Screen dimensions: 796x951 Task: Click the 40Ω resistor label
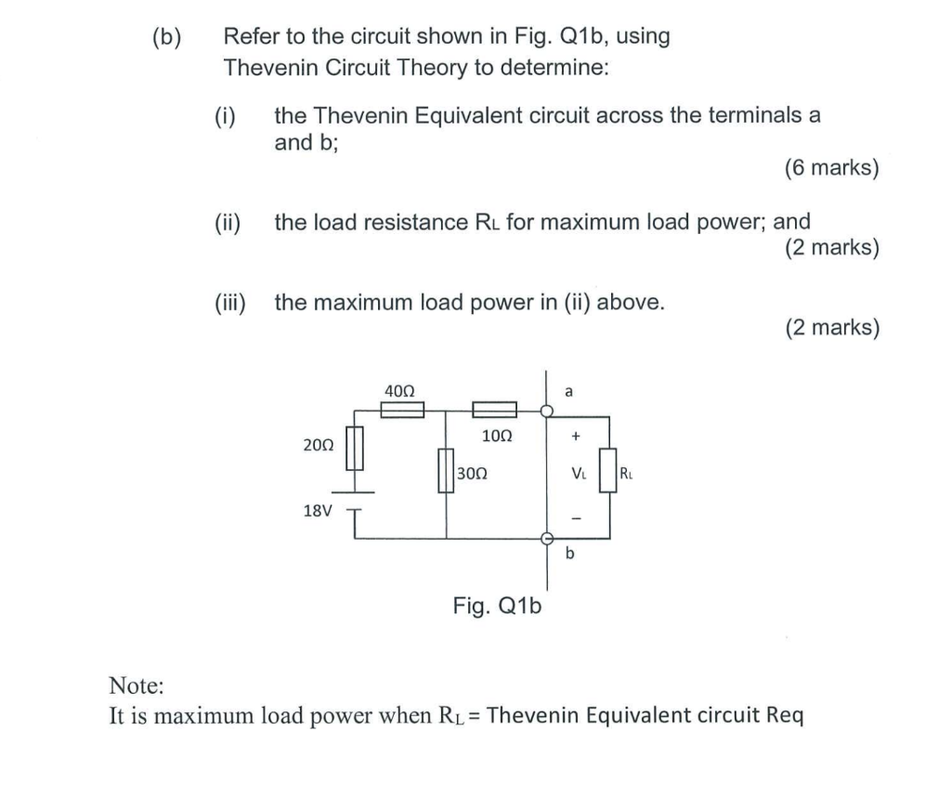pos(400,391)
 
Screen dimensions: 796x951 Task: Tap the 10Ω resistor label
pos(497,435)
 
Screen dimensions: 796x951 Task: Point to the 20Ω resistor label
pos(319,445)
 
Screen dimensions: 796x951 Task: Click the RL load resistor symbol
pos(609,466)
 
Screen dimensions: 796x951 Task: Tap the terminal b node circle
pos(547,538)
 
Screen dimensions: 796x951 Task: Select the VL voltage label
pos(578,474)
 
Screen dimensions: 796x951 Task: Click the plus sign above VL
pos(576,434)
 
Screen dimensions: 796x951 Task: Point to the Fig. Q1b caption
pos(497,607)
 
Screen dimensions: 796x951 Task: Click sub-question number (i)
pos(225,116)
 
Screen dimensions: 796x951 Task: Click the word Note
pos(137,686)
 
